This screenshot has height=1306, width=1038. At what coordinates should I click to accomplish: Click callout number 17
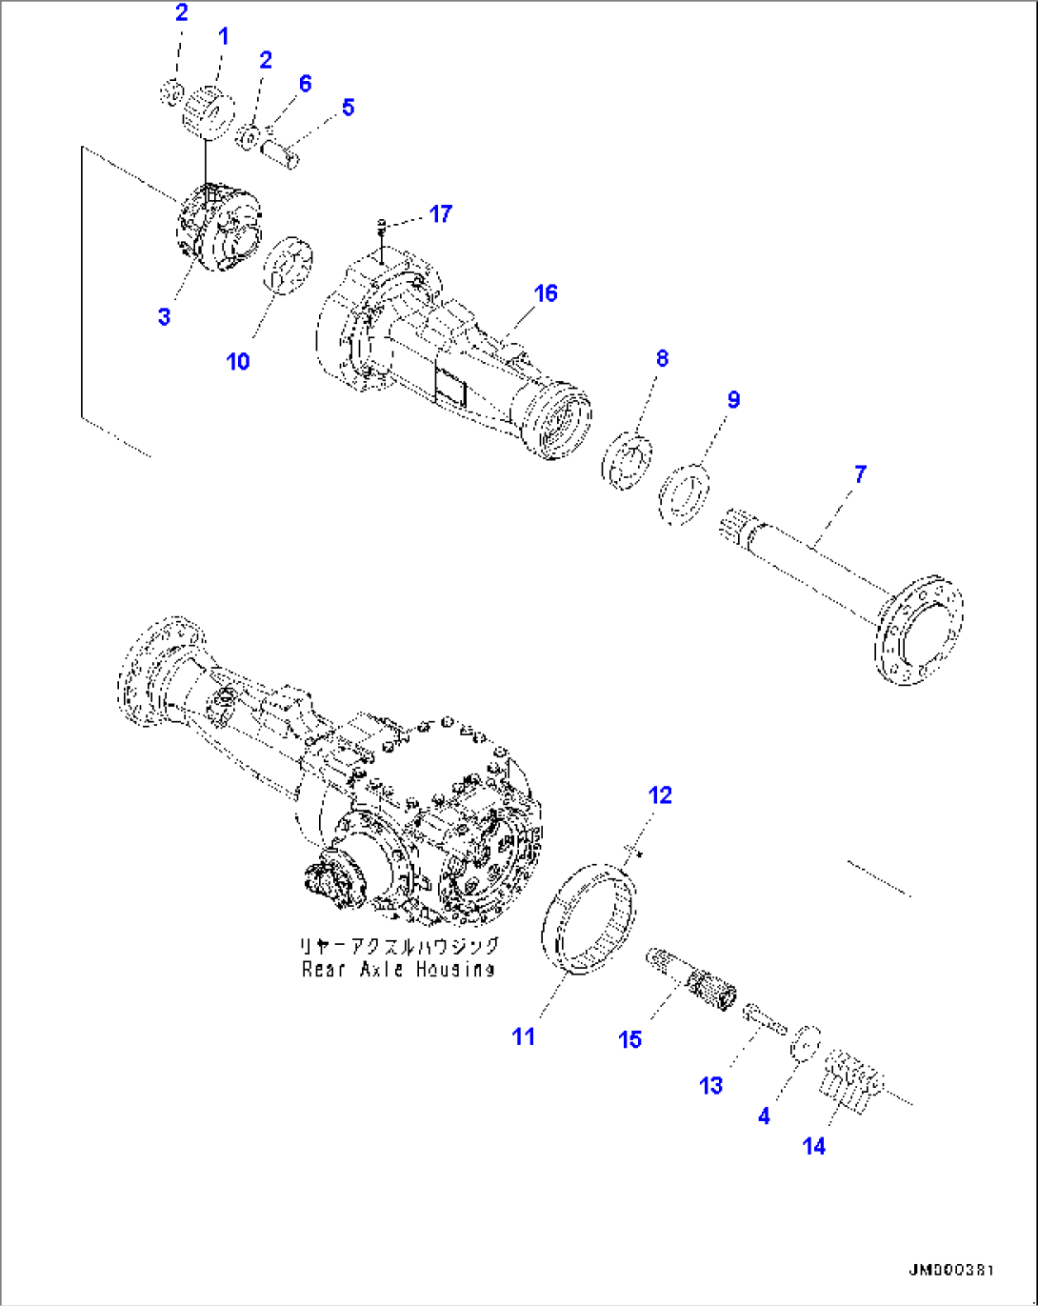(x=440, y=213)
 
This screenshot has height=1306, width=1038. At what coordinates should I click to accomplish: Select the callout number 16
(x=545, y=293)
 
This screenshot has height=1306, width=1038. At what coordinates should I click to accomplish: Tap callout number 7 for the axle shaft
(x=860, y=473)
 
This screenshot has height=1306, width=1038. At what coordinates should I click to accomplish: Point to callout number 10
(x=238, y=361)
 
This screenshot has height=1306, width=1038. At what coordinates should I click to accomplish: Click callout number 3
(x=164, y=316)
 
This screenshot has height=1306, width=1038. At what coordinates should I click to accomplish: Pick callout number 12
(x=659, y=794)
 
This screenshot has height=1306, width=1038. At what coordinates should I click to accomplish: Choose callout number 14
(x=813, y=1146)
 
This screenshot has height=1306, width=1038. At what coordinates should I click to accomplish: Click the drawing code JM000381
(x=950, y=1271)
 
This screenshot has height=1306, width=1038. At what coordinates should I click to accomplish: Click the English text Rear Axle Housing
(x=398, y=970)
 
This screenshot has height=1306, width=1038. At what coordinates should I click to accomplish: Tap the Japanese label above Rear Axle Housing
(x=398, y=946)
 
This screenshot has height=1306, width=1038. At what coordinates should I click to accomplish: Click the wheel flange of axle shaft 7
(x=917, y=630)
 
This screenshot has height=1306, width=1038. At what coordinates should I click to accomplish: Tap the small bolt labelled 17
(x=382, y=226)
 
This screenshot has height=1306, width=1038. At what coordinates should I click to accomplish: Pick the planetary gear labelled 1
(x=208, y=112)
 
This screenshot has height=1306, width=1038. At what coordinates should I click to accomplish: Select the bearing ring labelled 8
(x=629, y=461)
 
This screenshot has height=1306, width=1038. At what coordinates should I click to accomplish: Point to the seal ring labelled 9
(x=687, y=492)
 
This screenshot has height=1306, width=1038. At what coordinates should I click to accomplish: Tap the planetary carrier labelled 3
(x=217, y=229)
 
